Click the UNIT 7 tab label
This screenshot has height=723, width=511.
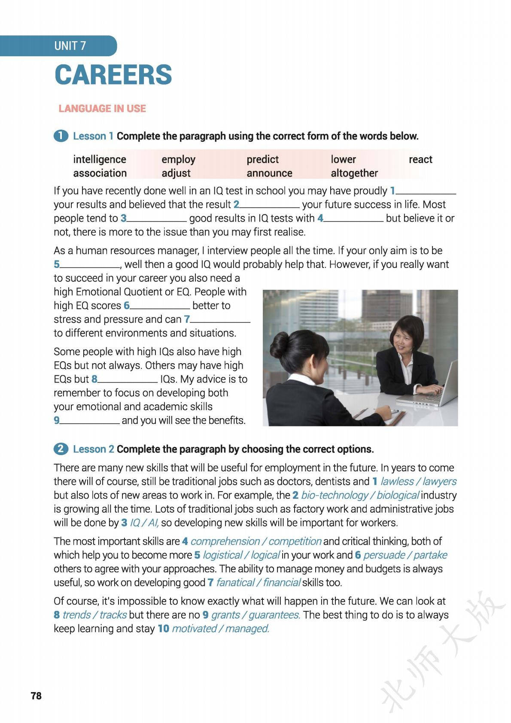click(x=70, y=46)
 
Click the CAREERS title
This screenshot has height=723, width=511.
click(x=113, y=75)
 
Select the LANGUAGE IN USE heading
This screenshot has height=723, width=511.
click(x=102, y=109)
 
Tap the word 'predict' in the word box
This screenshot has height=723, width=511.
click(x=262, y=159)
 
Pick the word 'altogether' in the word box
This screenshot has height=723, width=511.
click(x=354, y=173)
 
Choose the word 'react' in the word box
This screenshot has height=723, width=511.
click(x=420, y=159)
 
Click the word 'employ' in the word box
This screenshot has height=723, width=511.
click(x=178, y=159)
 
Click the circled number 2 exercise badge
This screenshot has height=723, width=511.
click(x=61, y=449)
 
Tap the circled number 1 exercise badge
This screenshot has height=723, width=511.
click(x=61, y=136)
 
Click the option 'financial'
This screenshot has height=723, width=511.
click(x=282, y=583)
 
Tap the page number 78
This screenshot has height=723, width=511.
click(x=36, y=696)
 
